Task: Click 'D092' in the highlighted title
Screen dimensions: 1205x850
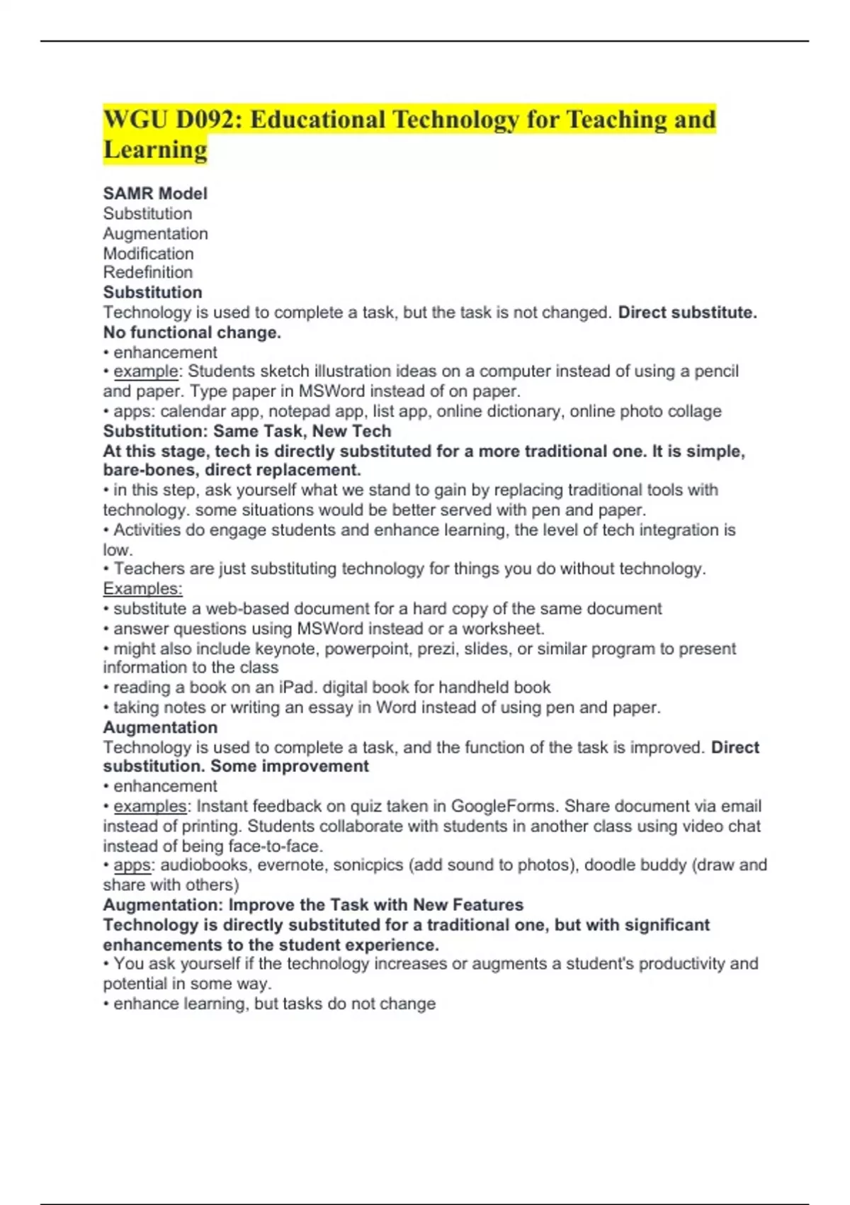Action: (x=208, y=120)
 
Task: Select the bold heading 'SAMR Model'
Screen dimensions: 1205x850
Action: (x=155, y=194)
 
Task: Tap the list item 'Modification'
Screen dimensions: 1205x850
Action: (x=148, y=253)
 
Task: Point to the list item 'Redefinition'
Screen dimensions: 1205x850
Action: (x=147, y=272)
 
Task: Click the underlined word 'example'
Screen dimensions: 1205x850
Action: (x=146, y=371)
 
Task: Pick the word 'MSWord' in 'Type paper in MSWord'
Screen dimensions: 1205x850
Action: (x=331, y=391)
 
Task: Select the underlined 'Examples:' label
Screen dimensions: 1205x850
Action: (x=142, y=588)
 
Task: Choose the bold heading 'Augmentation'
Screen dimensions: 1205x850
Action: (x=160, y=727)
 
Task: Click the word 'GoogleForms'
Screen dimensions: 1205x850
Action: (x=503, y=806)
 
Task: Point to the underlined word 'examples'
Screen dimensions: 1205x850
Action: (x=149, y=806)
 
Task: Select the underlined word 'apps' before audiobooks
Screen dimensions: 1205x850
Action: (x=132, y=865)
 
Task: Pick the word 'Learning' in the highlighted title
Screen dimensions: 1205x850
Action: (x=155, y=150)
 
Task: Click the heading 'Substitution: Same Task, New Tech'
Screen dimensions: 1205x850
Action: (x=246, y=431)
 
